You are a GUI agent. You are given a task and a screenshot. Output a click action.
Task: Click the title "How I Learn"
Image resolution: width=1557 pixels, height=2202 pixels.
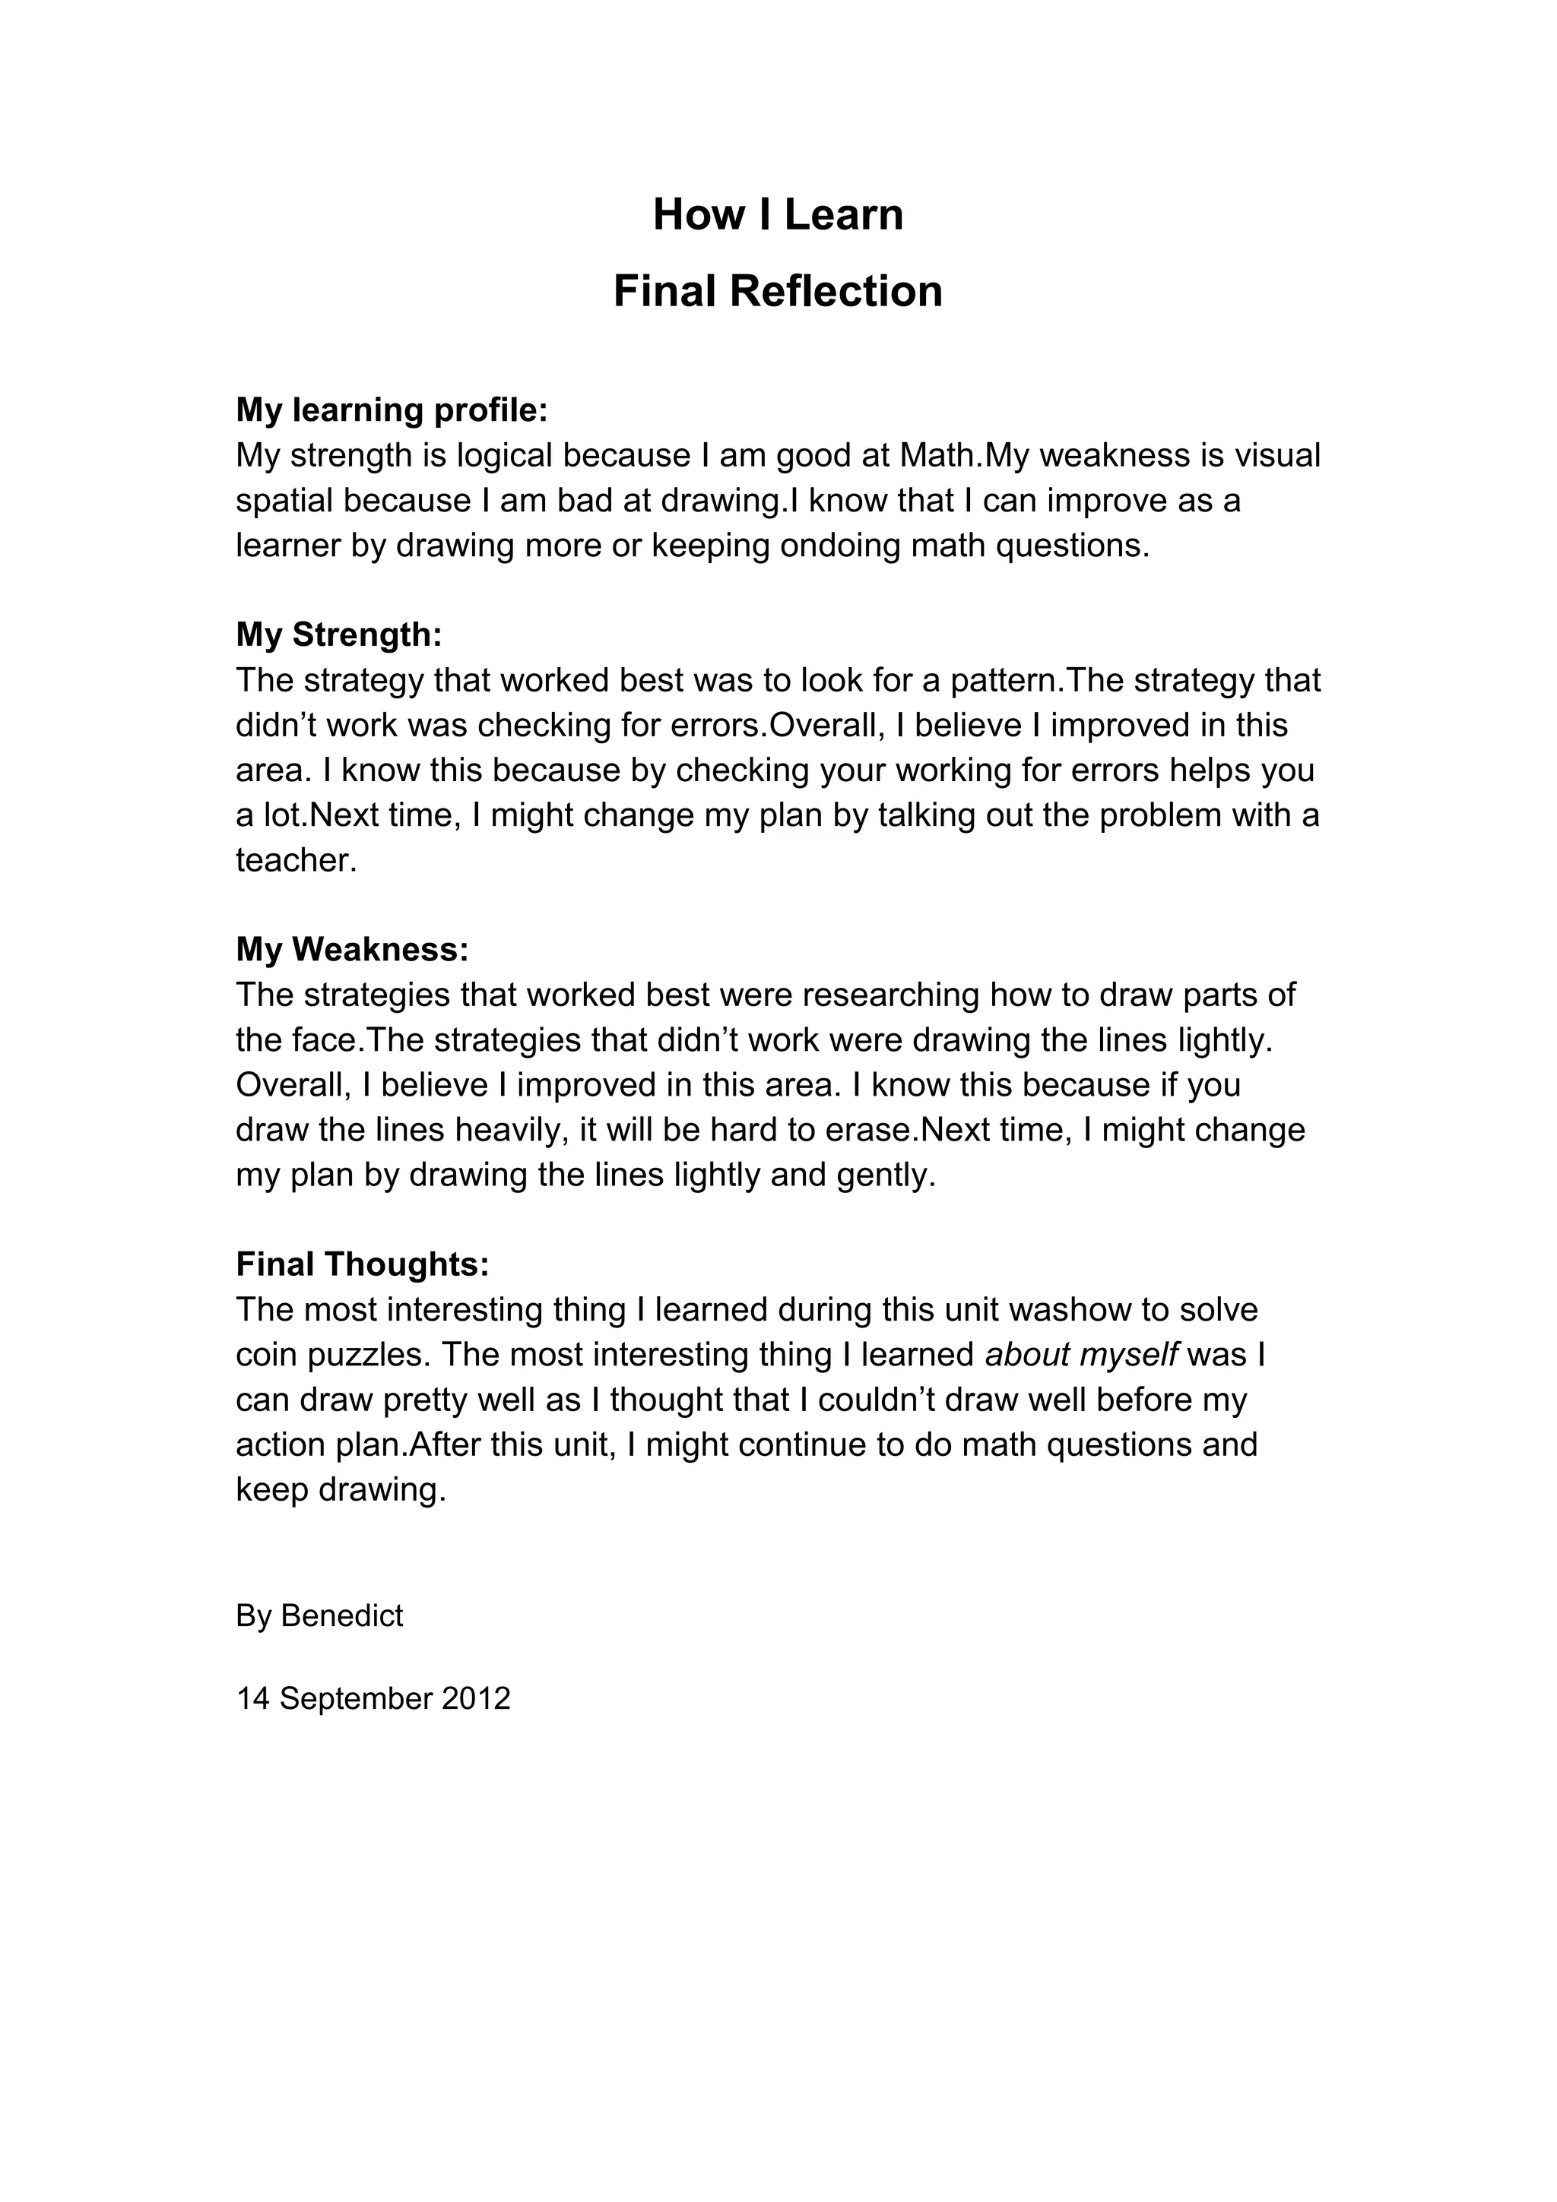[x=778, y=215]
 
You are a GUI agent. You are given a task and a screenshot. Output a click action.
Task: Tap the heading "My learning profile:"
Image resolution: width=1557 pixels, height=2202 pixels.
[x=392, y=410]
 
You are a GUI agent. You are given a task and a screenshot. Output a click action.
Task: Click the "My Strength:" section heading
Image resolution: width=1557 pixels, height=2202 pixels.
[x=338, y=635]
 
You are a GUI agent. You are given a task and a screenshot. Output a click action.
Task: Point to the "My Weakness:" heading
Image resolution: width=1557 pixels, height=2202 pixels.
[x=352, y=950]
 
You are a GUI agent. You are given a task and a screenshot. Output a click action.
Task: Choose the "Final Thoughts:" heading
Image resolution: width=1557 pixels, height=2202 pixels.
[x=363, y=1264]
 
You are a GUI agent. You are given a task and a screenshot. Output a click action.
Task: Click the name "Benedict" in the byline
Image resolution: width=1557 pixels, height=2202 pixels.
[x=341, y=1616]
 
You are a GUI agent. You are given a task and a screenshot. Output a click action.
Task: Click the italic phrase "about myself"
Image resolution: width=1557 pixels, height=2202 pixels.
[x=1081, y=1354]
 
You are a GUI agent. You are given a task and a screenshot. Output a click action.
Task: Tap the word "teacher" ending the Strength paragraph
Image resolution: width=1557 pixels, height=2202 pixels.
[x=293, y=860]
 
